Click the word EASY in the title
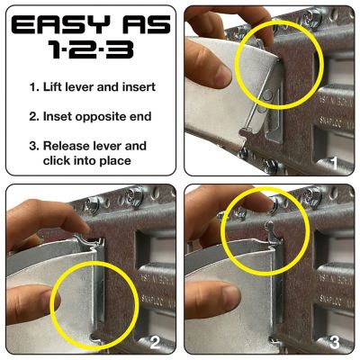point(59,24)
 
